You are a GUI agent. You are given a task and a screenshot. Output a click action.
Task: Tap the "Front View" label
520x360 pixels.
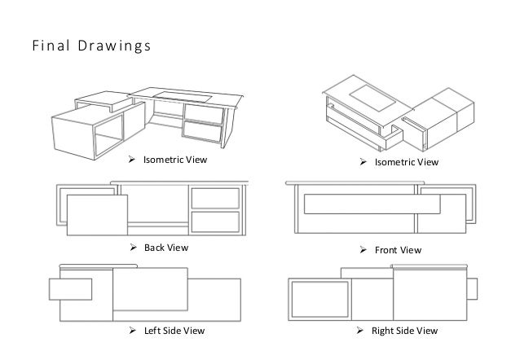[398, 250]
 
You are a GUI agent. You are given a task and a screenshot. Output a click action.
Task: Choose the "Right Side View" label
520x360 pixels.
[406, 331]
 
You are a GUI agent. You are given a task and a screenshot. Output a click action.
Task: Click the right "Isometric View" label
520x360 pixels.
[406, 163]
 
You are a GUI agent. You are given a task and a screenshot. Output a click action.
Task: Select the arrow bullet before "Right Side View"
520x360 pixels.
[364, 331]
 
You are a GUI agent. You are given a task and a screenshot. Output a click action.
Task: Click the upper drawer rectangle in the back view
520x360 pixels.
[215, 198]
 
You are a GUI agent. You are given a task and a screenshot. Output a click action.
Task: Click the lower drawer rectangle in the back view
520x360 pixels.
[215, 222]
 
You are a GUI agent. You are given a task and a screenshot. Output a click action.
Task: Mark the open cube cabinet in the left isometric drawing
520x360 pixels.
[86, 130]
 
